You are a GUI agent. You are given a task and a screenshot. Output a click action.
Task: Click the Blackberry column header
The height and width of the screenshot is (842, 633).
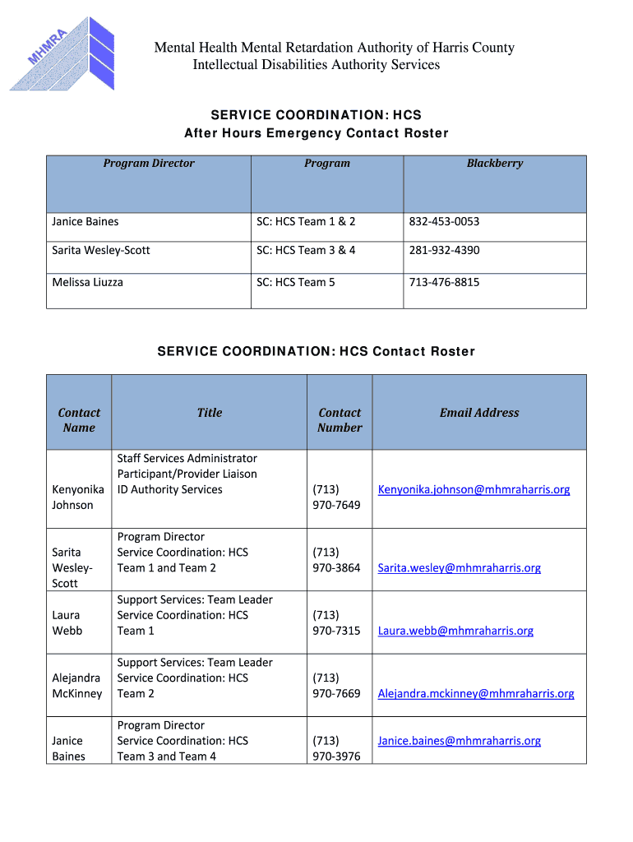[494, 163]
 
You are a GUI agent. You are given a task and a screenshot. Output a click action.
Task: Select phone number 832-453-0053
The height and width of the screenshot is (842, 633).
[444, 221]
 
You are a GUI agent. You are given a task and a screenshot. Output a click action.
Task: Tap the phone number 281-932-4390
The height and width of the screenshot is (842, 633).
[444, 250]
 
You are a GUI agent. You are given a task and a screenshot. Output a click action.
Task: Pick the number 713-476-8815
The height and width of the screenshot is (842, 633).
[444, 282]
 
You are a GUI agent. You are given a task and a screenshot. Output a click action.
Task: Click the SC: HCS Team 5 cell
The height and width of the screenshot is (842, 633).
[296, 282]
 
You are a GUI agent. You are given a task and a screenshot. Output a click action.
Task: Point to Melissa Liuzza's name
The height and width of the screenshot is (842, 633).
[87, 282]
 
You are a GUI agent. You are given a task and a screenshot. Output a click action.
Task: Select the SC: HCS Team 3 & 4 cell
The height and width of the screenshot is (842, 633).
[306, 250]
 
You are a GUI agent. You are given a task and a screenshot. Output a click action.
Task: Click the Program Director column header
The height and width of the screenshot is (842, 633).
[149, 163]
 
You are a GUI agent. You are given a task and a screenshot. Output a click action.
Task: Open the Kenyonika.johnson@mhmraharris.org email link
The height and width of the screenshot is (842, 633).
[474, 489]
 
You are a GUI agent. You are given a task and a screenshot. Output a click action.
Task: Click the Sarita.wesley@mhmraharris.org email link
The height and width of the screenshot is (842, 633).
[459, 567]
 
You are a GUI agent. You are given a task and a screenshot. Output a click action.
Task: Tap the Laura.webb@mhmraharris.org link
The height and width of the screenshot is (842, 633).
[455, 631]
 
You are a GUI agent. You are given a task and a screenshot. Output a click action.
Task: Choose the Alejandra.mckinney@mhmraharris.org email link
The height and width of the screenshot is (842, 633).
[476, 693]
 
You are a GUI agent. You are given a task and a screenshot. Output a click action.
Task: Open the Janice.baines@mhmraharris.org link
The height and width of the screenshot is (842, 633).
[459, 741]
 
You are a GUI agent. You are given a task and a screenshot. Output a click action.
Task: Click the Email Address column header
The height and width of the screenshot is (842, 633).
[479, 413]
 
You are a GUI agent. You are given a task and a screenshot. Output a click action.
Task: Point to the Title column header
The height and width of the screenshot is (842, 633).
[210, 413]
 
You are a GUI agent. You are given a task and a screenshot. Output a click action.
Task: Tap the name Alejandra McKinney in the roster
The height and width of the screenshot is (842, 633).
[76, 686]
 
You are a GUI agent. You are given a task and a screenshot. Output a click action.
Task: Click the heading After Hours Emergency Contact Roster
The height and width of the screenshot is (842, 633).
[316, 133]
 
